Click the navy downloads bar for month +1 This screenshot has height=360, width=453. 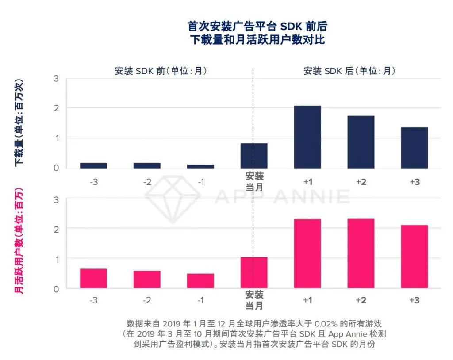pyautogui.click(x=307, y=137)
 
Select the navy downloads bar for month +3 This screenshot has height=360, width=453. pyautogui.click(x=415, y=148)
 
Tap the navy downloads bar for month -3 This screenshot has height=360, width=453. pyautogui.click(x=93, y=165)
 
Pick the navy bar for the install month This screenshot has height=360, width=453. pyautogui.click(x=254, y=156)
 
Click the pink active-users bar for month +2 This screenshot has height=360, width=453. pyautogui.click(x=361, y=253)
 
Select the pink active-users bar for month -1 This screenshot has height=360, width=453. pyautogui.click(x=200, y=281)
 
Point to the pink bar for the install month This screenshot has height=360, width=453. pyautogui.click(x=254, y=272)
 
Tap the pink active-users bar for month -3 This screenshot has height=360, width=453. pyautogui.click(x=93, y=278)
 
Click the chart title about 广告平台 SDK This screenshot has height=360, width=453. pyautogui.click(x=257, y=33)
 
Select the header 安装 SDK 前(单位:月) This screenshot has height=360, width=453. pyautogui.click(x=161, y=71)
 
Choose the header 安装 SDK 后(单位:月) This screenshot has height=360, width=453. pyautogui.click(x=349, y=71)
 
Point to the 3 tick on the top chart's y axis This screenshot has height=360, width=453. pyautogui.click(x=56, y=79)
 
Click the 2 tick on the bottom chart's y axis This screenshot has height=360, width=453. pyautogui.click(x=56, y=229)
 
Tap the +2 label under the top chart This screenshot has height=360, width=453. pyautogui.click(x=361, y=182)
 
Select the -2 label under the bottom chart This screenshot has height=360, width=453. pyautogui.click(x=147, y=300)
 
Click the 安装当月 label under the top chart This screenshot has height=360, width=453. pyautogui.click(x=254, y=181)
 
